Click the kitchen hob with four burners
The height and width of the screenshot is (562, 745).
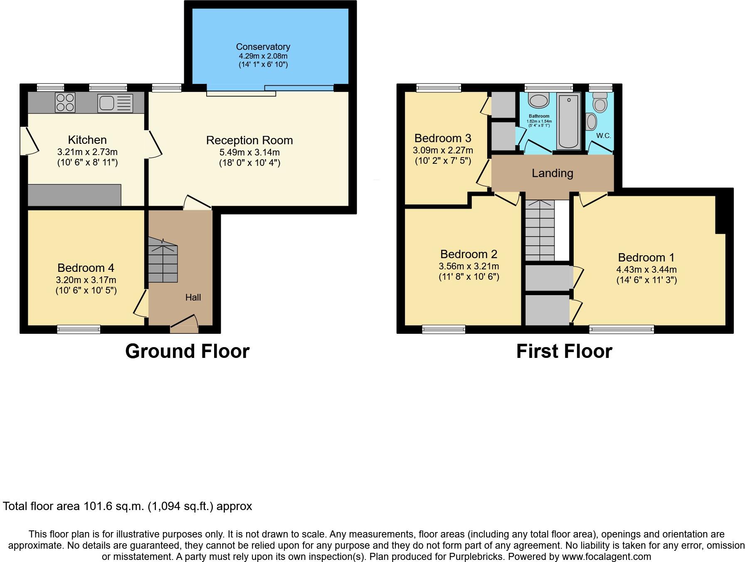point(65,102)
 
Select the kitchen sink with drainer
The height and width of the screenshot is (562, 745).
point(115,103)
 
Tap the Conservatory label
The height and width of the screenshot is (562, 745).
point(263,47)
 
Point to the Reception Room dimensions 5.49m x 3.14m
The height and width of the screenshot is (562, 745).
point(249,152)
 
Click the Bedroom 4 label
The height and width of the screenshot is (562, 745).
point(86,268)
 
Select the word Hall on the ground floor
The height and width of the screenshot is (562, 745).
point(193,297)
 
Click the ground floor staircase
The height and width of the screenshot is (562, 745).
point(163,261)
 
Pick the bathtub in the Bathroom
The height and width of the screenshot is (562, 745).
point(569,121)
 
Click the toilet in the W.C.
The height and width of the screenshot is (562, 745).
point(600,102)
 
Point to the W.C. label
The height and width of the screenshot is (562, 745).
point(603,136)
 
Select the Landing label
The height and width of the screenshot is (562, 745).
point(552,173)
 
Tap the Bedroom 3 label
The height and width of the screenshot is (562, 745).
point(442,138)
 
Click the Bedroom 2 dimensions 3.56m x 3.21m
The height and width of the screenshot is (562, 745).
point(469,266)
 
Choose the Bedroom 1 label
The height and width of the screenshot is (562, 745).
point(646,257)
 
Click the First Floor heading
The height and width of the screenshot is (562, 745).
point(564,351)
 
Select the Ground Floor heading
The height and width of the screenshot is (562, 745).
point(187,351)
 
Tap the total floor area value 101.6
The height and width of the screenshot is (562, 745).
point(99,506)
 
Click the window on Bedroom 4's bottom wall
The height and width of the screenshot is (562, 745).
point(79,329)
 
